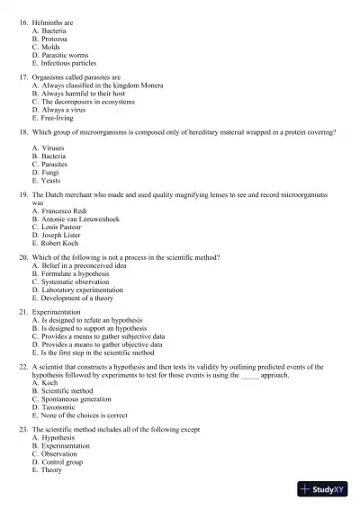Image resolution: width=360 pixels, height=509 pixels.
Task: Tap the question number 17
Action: click(22, 78)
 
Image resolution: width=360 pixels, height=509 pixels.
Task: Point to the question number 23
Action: click(22, 430)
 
